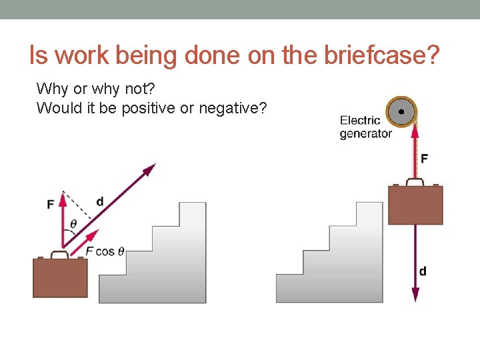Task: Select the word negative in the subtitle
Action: [237, 107]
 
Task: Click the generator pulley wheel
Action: [401, 112]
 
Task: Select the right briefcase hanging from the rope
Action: [415, 205]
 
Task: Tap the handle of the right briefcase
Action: [415, 181]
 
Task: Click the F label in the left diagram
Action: [51, 204]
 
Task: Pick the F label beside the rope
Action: [424, 158]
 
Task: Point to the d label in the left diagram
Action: [100, 201]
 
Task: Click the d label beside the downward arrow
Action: [423, 271]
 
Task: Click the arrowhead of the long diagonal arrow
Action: [149, 168]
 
